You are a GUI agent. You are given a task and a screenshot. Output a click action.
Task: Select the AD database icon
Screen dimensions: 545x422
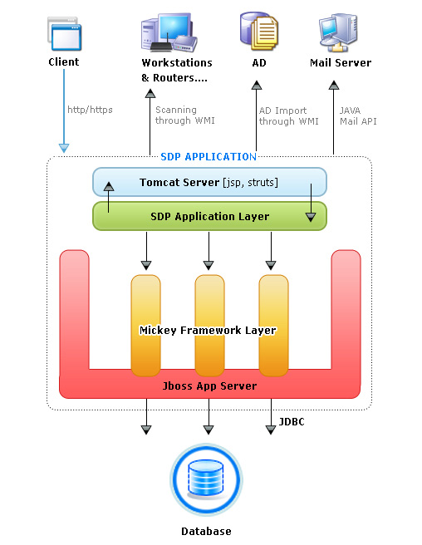(258, 32)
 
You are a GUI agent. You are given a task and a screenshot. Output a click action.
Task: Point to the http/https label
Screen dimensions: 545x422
(90, 109)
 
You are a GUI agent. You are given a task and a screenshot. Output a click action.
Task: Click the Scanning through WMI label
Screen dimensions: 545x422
(184, 115)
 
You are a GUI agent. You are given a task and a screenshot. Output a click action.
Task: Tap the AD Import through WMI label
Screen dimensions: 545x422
(288, 115)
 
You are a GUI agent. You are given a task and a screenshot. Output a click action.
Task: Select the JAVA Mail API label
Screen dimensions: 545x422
(359, 115)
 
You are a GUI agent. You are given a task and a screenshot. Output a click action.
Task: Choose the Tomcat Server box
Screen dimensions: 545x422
(209, 182)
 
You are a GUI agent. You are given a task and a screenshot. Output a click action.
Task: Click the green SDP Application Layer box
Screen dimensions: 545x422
(209, 216)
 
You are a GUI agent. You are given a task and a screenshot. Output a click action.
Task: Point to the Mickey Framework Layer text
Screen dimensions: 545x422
(208, 331)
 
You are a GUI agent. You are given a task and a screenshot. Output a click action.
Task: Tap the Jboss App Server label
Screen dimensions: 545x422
(209, 386)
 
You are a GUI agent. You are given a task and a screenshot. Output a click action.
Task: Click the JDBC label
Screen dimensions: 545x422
(292, 422)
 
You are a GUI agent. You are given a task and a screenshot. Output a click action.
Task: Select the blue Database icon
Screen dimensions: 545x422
(207, 481)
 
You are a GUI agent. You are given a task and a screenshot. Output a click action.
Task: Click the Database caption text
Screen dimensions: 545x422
(206, 531)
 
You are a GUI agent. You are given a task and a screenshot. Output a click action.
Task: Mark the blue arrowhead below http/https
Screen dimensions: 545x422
(64, 148)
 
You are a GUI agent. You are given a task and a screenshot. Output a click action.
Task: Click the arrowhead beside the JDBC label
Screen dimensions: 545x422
(270, 430)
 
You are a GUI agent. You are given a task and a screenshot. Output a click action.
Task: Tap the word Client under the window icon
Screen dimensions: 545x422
(64, 61)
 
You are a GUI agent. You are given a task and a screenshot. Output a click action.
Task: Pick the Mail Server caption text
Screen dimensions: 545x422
(341, 62)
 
